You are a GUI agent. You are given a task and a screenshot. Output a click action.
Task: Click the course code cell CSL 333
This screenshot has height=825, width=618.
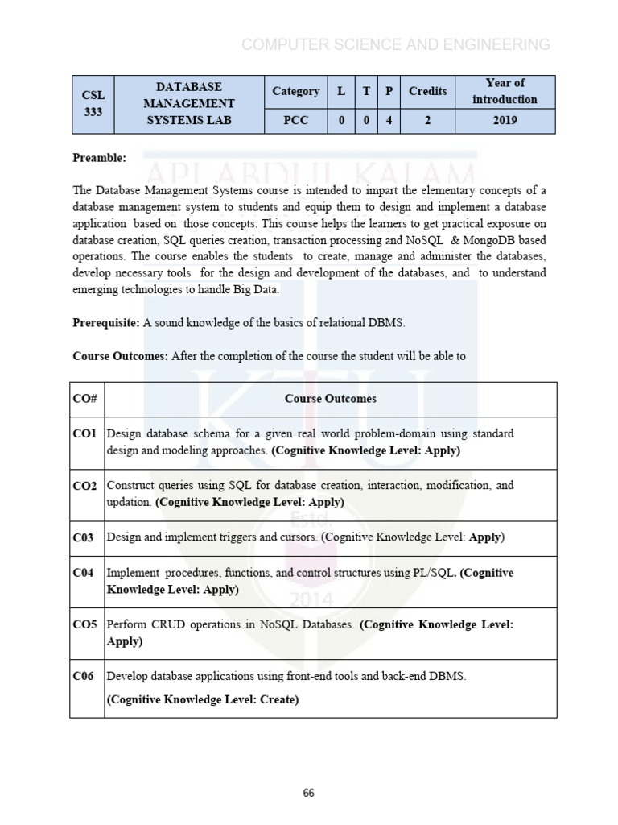pos(93,104)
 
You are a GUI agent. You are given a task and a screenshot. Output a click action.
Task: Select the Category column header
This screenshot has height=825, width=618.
pos(295,91)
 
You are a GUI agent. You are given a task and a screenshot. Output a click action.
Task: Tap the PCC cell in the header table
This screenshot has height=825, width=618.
pos(295,121)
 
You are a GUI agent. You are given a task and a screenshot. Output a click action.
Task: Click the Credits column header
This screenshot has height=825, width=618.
pos(427,91)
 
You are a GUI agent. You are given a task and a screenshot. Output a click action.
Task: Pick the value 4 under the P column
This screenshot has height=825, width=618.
pos(389,121)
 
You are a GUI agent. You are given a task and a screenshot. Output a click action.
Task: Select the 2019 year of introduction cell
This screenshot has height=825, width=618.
pos(505,121)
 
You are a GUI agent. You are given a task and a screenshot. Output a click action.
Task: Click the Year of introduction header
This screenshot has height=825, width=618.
pos(505,91)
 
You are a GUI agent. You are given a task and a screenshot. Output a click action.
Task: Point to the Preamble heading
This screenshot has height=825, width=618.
pos(99,158)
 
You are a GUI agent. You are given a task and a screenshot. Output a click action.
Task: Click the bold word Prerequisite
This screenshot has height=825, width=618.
pos(107,323)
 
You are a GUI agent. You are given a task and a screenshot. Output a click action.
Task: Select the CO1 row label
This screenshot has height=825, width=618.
pos(84,433)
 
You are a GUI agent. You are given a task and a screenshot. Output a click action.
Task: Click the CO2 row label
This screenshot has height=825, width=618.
pos(84,486)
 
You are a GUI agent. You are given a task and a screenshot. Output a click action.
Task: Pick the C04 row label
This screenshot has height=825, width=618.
pos(84,573)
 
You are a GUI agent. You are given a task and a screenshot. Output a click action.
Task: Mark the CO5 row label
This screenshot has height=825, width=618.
pos(84,624)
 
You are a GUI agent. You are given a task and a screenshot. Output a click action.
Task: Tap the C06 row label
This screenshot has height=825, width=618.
pos(84,676)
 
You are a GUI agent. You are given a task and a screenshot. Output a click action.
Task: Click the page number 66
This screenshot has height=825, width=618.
pos(309,793)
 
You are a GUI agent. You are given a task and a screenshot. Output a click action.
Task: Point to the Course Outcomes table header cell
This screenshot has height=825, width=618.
pos(330,399)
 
